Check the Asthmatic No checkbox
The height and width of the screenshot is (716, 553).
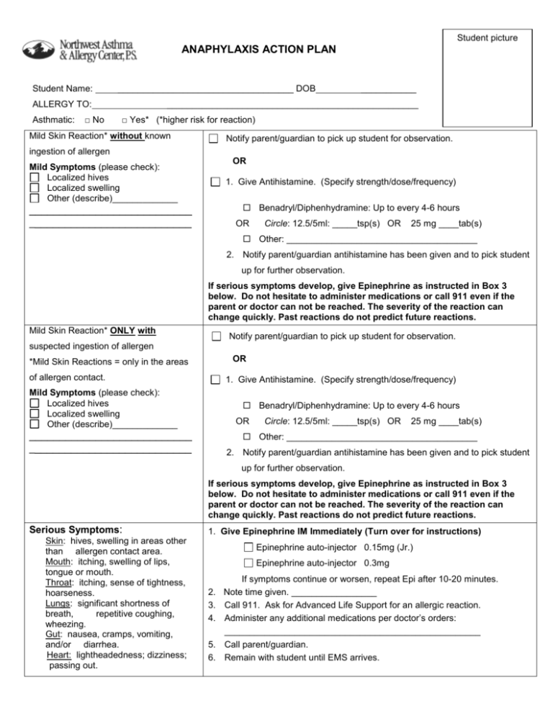(x=86, y=120)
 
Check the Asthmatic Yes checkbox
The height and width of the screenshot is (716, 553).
(x=125, y=120)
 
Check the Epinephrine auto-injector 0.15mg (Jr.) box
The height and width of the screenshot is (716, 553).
(x=248, y=548)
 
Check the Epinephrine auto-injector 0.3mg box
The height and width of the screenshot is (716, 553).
(x=248, y=563)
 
